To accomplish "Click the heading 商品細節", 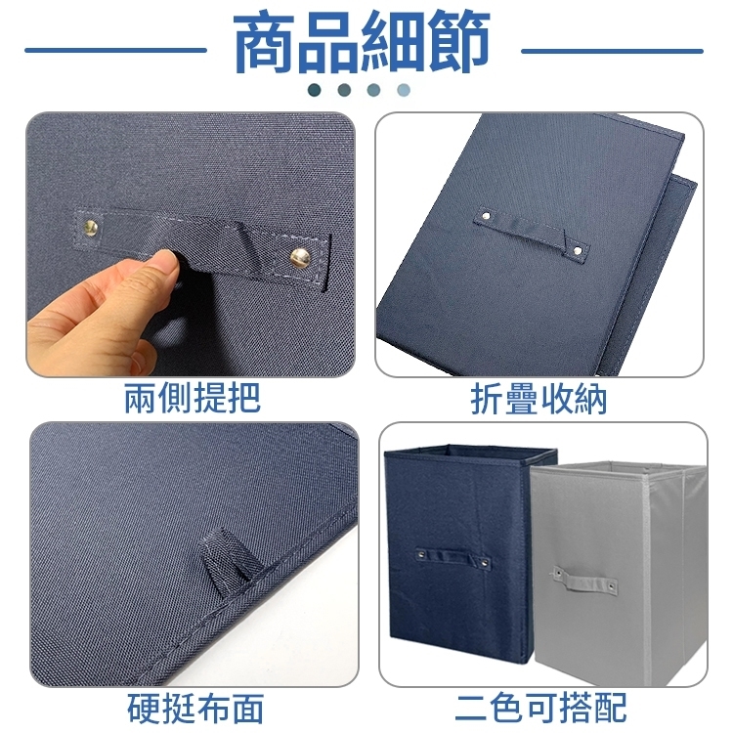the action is coord(362,42).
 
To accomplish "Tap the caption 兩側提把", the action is coord(193,399).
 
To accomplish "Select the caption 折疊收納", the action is coord(539,399).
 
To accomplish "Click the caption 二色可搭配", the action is coord(540,708).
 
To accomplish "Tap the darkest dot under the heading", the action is coord(315,90).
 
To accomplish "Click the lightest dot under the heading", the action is coord(404,90).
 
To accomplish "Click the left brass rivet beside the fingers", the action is coord(91,228).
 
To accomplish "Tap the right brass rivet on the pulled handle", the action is coord(300,258).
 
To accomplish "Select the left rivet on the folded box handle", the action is coord(486,216).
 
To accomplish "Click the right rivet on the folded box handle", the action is coord(578,251).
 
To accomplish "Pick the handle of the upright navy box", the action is coord(453,558).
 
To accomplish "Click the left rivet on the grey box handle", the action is coord(558,572).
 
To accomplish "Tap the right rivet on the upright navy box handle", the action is coord(485,563).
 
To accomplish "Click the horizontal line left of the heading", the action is coord(115,50).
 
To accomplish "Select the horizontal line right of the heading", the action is coord(612,51).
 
